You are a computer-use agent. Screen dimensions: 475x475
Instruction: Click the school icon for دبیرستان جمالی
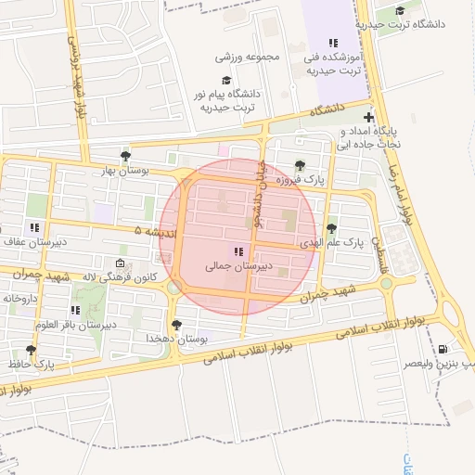[238, 250]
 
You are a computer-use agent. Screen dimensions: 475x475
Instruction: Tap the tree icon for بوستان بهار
[125, 155]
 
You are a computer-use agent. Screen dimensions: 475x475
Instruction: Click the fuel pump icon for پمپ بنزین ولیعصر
[442, 350]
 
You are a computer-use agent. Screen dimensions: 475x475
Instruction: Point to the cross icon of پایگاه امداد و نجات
[369, 118]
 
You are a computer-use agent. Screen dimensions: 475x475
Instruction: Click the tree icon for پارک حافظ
[31, 351]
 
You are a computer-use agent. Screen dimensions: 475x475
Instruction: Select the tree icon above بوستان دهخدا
[176, 324]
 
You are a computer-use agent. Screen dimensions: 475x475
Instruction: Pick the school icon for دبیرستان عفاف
[34, 227]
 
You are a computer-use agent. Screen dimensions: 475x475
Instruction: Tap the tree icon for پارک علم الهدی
[331, 228]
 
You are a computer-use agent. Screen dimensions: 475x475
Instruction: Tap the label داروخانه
[19, 299]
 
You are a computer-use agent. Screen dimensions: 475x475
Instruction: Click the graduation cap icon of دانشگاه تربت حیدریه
[400, 11]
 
